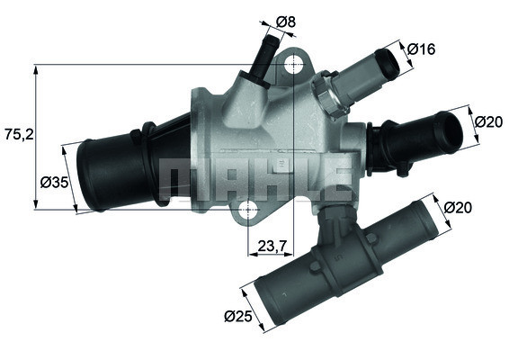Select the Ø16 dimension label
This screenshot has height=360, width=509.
point(420,49)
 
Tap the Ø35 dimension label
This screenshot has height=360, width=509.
point(54,182)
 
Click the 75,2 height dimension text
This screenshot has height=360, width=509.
point(17,135)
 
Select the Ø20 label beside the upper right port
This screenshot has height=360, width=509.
point(488,121)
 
